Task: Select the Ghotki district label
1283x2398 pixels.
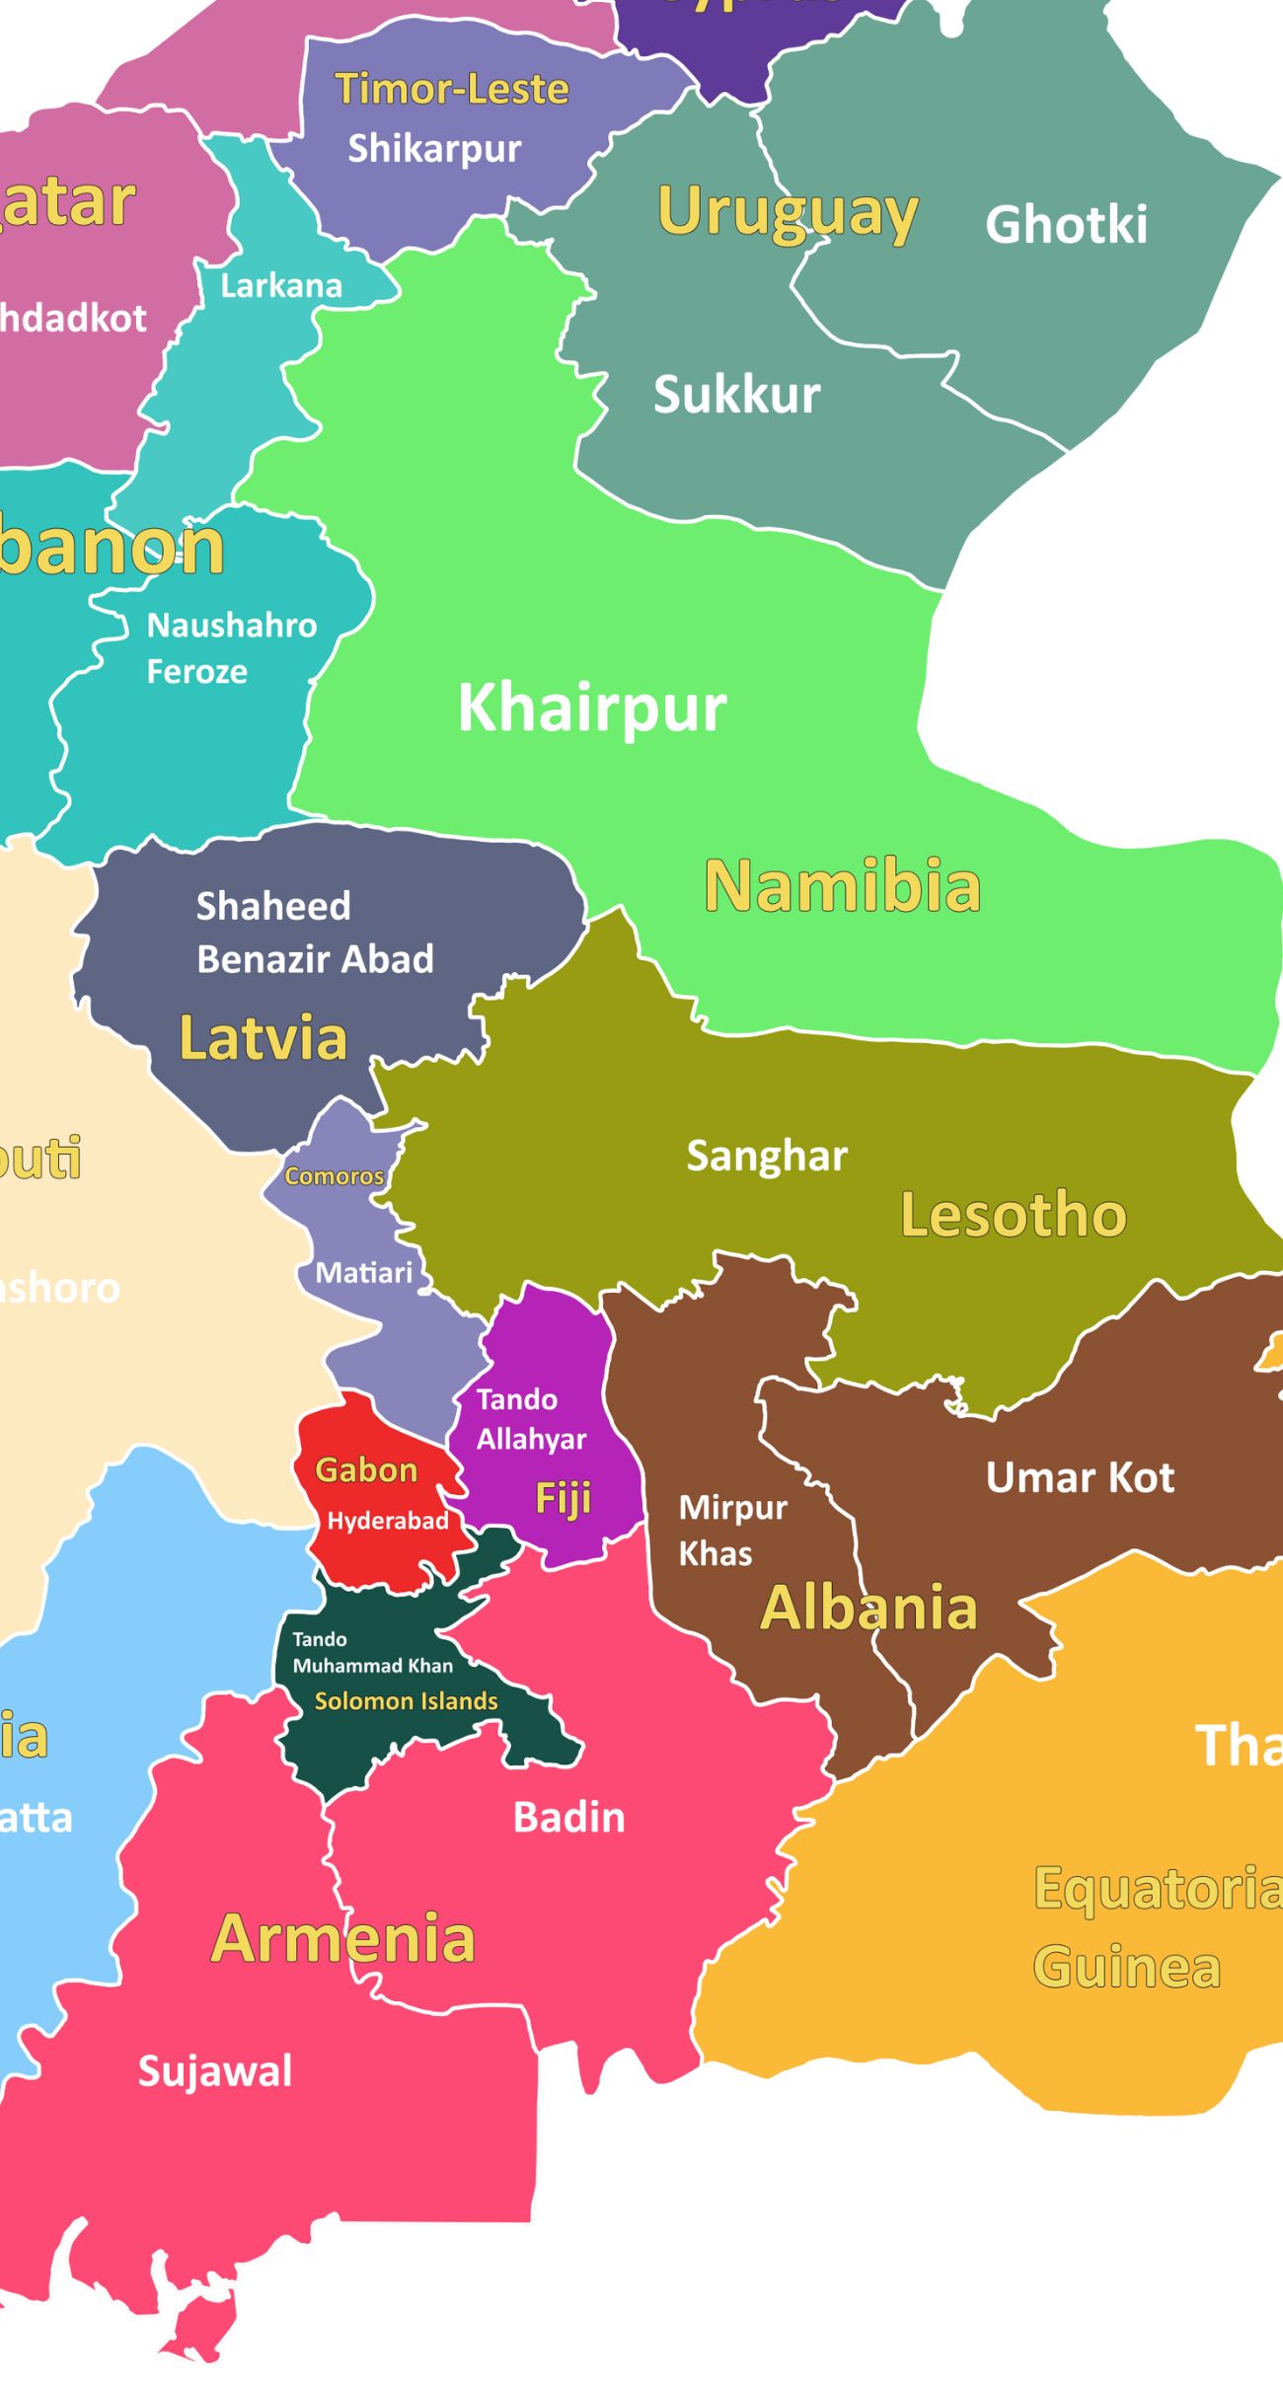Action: tap(1066, 224)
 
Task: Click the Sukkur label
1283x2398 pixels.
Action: tap(736, 395)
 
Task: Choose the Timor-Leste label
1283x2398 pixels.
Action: tap(452, 89)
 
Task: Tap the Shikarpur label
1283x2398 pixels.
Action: tap(434, 148)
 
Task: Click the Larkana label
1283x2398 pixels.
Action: tap(280, 286)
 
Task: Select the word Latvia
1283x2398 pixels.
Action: tap(263, 1038)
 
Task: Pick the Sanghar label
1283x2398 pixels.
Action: tap(767, 1156)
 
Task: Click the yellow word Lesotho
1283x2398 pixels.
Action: tap(1013, 1214)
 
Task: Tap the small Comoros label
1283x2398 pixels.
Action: tap(334, 1176)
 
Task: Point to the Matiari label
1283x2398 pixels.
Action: tap(363, 1273)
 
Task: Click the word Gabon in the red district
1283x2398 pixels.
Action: tap(366, 1470)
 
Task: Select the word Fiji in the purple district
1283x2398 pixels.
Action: tap(563, 1498)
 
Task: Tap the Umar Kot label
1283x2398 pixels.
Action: tap(1080, 1477)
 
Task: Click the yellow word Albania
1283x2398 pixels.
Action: tap(868, 1608)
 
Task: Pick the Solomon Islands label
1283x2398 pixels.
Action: tap(406, 1701)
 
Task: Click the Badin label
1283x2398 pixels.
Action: tap(568, 1818)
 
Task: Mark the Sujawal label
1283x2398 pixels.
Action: tap(215, 2071)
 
